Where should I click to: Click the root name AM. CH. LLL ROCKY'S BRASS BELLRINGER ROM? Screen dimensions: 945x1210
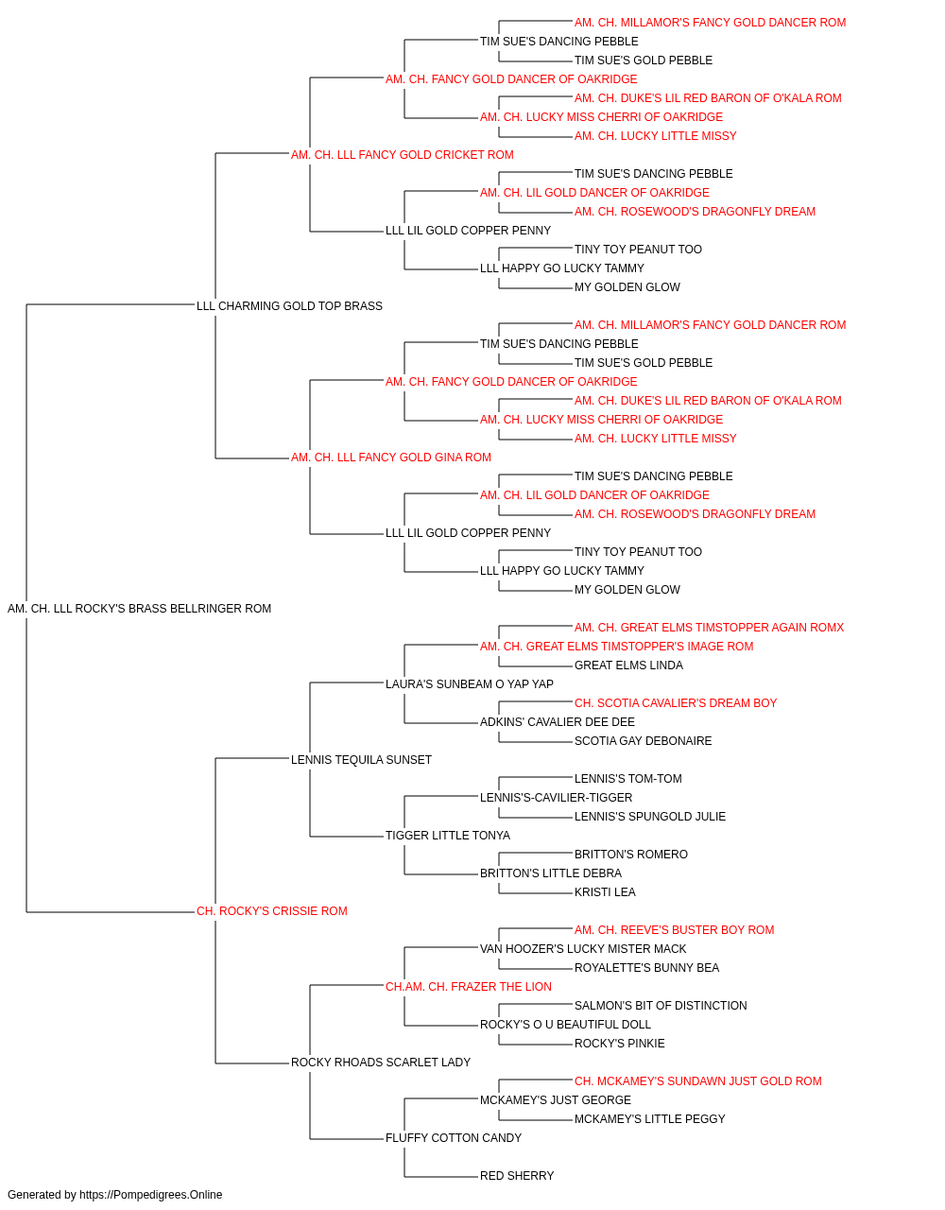click(x=139, y=609)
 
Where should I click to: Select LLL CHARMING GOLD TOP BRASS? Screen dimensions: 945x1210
click(x=289, y=306)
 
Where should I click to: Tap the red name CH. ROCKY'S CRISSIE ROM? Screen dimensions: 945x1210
click(x=271, y=911)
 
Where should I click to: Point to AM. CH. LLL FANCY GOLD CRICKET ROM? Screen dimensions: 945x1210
click(x=402, y=155)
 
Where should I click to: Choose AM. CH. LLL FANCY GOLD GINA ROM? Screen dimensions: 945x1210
click(x=390, y=458)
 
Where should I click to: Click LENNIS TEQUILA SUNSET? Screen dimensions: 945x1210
click(x=361, y=760)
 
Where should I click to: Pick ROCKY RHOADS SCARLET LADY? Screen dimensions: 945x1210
click(x=381, y=1063)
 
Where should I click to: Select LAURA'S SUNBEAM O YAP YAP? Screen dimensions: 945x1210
click(x=469, y=684)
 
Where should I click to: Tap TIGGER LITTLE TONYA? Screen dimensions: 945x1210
click(x=447, y=836)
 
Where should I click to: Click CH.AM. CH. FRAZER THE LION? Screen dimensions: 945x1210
click(x=468, y=987)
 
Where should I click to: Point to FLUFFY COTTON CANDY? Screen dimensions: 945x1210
click(x=453, y=1138)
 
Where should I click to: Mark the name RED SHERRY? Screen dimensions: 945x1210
click(x=517, y=1176)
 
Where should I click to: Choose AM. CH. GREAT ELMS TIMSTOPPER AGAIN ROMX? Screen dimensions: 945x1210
click(x=709, y=628)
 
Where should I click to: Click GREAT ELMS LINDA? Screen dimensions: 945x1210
click(x=628, y=665)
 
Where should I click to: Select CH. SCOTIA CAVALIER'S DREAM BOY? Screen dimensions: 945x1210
click(x=675, y=703)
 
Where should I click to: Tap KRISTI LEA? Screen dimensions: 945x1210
click(x=605, y=892)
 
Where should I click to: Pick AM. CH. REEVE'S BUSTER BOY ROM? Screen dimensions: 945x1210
click(x=674, y=930)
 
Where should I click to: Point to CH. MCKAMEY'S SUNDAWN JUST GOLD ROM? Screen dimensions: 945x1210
click(x=698, y=1081)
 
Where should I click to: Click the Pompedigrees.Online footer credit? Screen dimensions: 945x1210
click(x=114, y=1195)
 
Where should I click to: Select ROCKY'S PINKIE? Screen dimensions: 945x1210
click(x=619, y=1044)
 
